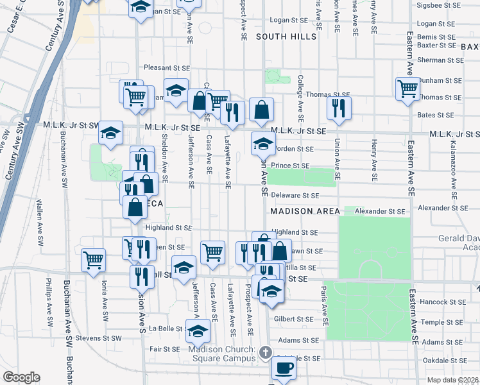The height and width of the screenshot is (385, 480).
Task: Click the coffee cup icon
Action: click(284, 368)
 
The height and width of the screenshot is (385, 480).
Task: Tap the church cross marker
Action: click(266, 352)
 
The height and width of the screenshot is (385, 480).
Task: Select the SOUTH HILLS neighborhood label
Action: click(286, 37)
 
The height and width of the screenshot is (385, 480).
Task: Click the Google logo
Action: click(21, 377)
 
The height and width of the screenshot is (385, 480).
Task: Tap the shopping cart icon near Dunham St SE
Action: click(407, 89)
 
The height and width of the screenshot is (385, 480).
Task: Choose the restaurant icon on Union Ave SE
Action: click(339, 108)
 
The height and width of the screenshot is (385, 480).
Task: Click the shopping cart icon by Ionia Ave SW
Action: click(93, 261)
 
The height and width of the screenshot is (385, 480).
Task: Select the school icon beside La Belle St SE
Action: click(197, 332)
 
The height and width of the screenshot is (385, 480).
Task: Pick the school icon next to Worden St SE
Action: click(262, 144)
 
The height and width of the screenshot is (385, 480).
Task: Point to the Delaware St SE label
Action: click(295, 195)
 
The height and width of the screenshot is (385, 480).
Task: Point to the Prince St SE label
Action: click(290, 165)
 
